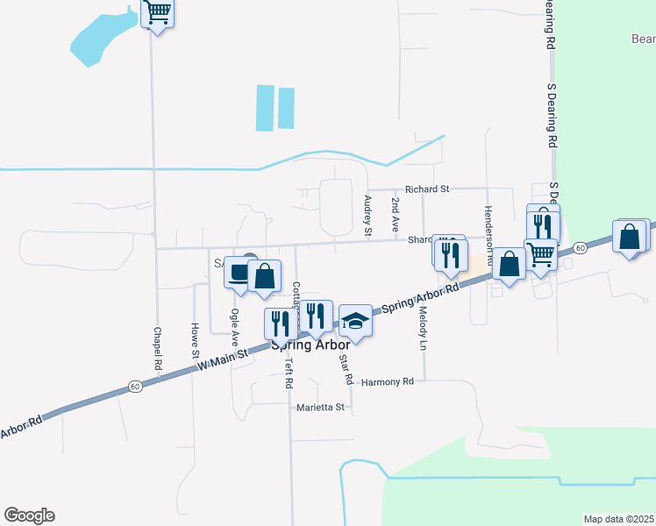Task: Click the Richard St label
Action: pos(426,188)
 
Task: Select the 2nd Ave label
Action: pos(396,214)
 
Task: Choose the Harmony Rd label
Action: pos(387,381)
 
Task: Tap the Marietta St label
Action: pos(321,408)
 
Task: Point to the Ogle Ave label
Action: pos(234,324)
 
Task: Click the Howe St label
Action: pos(195,341)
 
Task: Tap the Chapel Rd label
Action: pos(158,347)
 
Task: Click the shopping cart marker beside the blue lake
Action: pos(158,13)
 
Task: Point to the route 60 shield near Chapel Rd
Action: pos(134,386)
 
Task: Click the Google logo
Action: pos(29,515)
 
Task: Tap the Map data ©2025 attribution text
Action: pos(617,518)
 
